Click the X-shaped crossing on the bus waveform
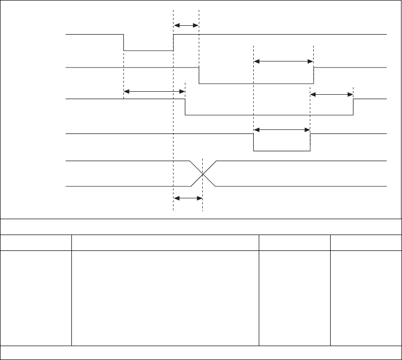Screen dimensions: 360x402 203,174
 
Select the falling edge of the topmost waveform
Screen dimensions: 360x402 123,43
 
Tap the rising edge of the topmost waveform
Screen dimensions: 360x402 173,43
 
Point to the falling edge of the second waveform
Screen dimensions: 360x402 199,75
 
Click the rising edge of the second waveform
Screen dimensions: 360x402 314,75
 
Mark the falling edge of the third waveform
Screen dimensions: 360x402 185,107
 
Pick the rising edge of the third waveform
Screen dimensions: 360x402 353,107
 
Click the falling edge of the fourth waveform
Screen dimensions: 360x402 253,142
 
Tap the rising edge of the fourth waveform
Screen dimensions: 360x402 310,142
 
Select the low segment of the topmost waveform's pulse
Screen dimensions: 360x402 149,51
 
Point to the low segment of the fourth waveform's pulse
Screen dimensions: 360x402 282,150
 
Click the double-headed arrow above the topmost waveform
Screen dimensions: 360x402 186,25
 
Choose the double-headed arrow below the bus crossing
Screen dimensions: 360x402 188,198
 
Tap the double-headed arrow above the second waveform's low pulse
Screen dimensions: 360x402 284,61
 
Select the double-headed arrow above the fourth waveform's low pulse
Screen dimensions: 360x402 282,130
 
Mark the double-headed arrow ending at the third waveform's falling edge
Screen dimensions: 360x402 154,91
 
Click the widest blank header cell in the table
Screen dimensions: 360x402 165,242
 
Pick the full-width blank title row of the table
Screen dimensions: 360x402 201,226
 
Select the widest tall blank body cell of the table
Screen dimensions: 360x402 165,298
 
